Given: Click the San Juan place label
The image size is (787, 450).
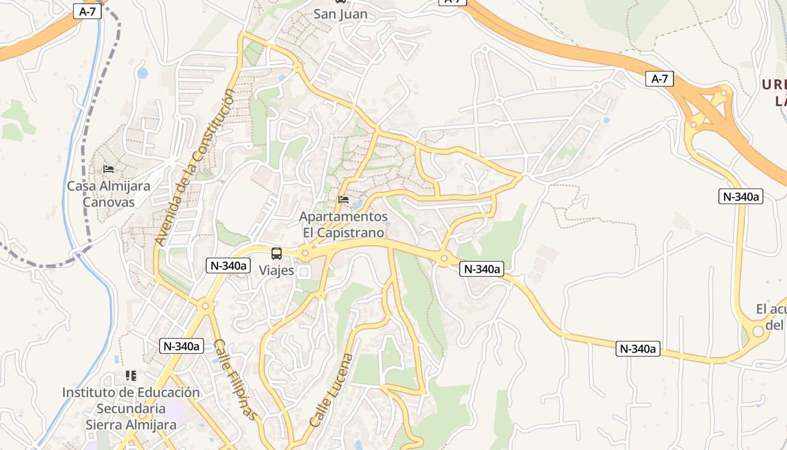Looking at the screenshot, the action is click(340, 14).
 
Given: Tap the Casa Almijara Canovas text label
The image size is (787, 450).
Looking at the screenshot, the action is click(108, 193).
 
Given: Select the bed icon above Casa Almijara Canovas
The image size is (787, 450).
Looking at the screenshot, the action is click(108, 169).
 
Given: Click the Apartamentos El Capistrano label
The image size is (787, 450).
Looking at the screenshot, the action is click(343, 224).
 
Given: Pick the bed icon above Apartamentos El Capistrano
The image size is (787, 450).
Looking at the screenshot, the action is click(343, 200).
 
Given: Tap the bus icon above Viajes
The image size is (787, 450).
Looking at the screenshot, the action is click(277, 254).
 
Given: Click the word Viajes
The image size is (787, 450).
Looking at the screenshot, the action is click(276, 270).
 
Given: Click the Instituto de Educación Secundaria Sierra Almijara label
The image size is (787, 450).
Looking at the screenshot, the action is click(130, 408).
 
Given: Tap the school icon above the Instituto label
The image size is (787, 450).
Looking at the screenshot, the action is click(130, 376).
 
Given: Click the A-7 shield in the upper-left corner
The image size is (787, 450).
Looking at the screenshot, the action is click(87, 11).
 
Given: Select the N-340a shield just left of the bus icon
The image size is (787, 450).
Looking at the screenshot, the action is click(228, 265).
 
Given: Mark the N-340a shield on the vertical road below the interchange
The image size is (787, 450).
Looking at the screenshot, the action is click(740, 196).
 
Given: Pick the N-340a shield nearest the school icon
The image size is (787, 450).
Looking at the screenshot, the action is click(181, 346).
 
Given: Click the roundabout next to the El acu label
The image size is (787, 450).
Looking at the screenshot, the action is click(757, 331).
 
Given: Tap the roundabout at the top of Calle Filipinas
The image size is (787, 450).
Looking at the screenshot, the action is click(204, 307).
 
